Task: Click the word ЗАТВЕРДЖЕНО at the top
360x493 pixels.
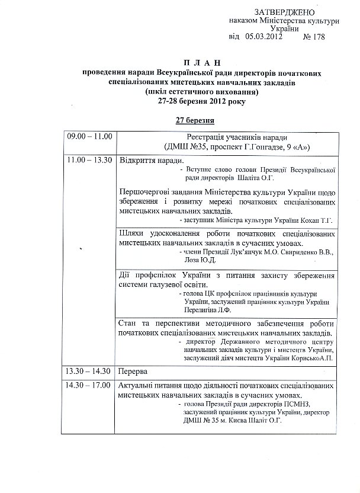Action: coord(284,12)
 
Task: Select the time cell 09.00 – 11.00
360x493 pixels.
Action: coord(89,136)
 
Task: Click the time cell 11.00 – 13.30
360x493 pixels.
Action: coord(89,161)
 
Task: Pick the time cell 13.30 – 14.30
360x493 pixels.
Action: coord(89,372)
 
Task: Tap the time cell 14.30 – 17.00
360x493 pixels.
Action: coord(89,386)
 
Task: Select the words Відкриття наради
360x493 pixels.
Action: coord(152,161)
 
